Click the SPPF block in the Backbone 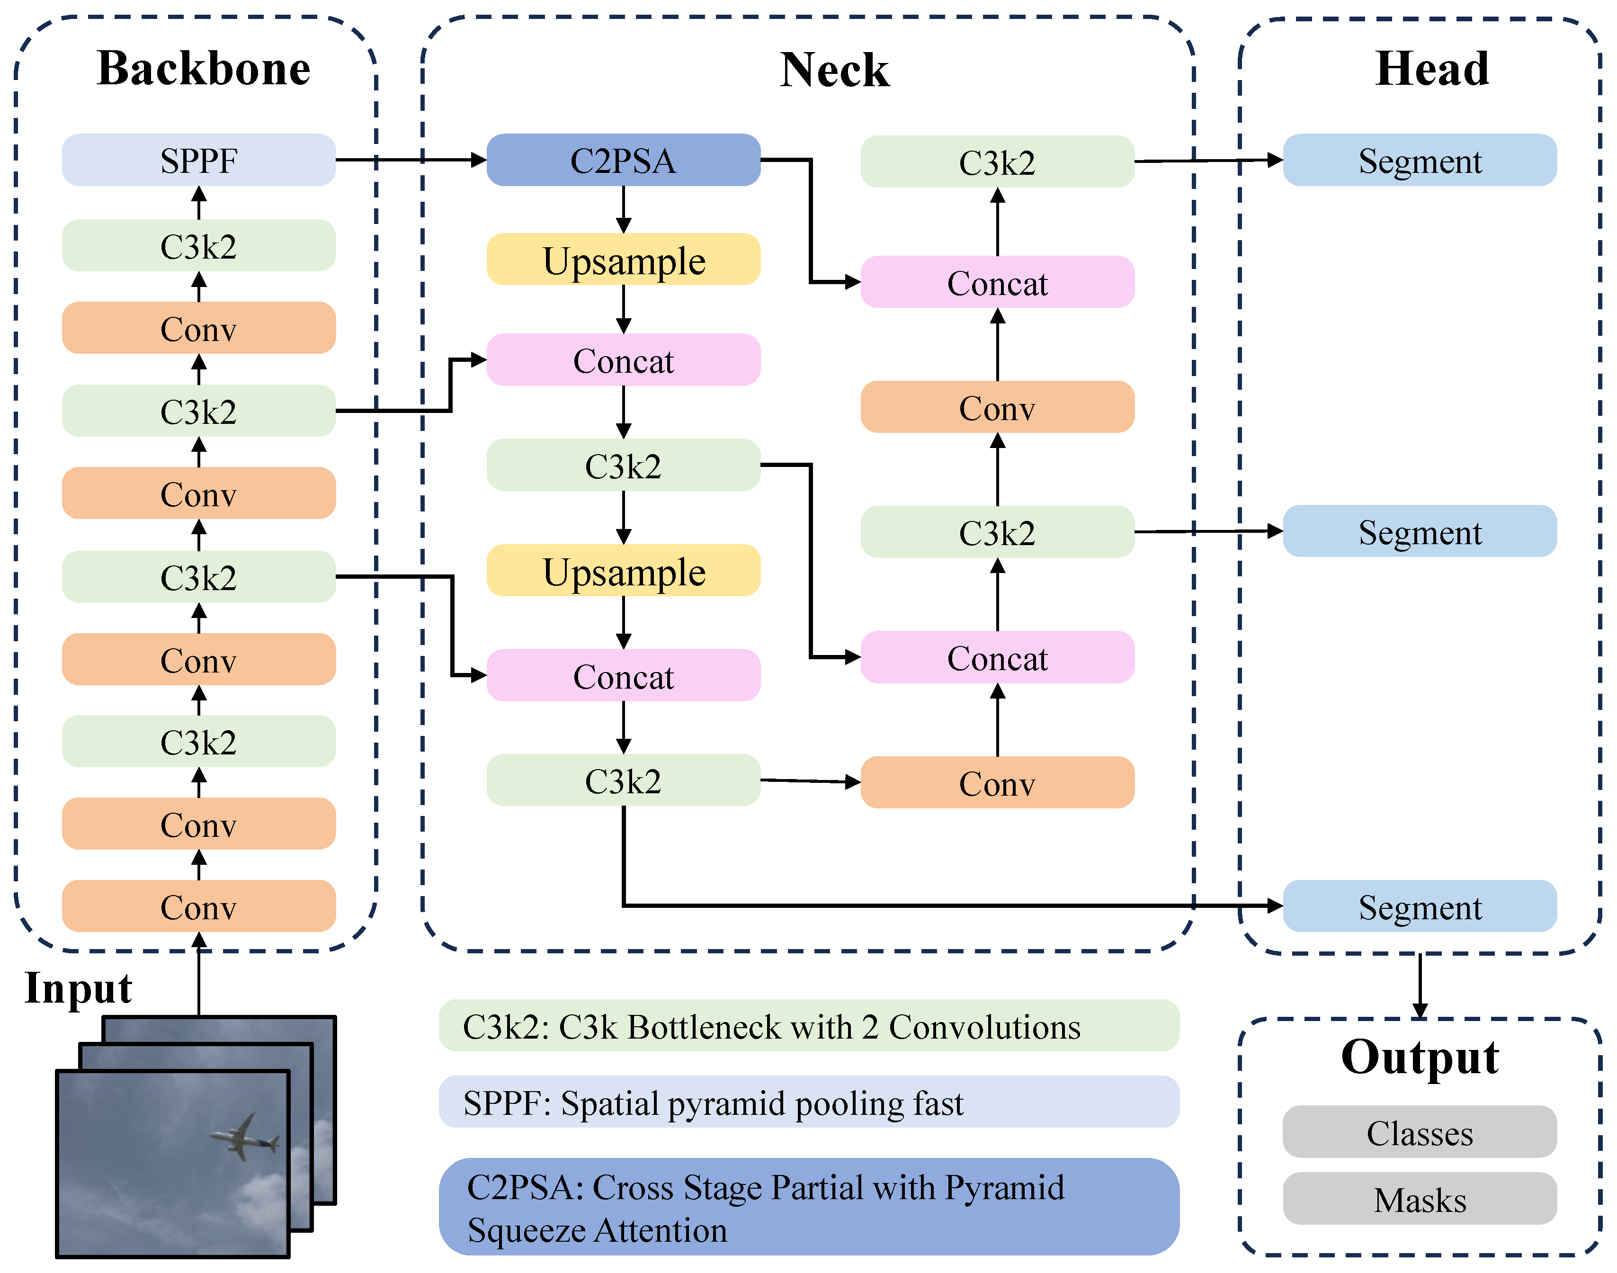pyautogui.click(x=198, y=160)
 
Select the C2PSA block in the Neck pyautogui.click(x=623, y=160)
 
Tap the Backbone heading pyautogui.click(x=204, y=69)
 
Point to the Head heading pyautogui.click(x=1431, y=69)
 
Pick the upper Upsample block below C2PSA pyautogui.click(x=623, y=260)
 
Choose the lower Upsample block pyautogui.click(x=623, y=571)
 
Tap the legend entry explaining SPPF pyautogui.click(x=809, y=1103)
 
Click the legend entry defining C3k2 pyautogui.click(x=809, y=1026)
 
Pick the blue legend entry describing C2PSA pyautogui.click(x=809, y=1208)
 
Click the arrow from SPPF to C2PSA pyautogui.click(x=410, y=160)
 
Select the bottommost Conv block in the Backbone pyautogui.click(x=198, y=906)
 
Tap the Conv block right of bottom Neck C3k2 pyautogui.click(x=997, y=782)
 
